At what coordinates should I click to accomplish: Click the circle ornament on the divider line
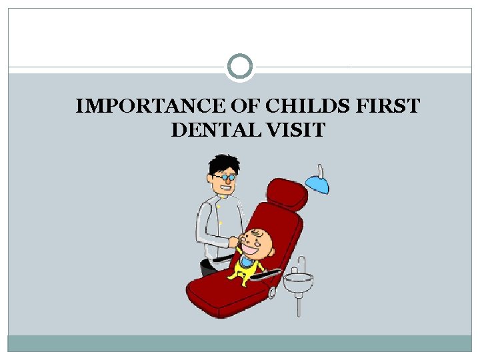[240, 67]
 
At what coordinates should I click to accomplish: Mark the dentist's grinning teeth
[226, 189]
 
